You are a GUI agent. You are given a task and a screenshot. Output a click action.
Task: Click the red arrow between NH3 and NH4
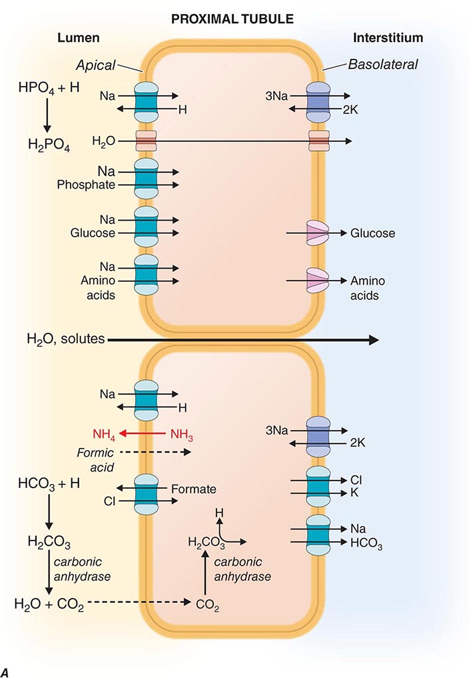coord(144,433)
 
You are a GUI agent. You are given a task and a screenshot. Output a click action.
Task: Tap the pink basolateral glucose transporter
coord(317,233)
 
